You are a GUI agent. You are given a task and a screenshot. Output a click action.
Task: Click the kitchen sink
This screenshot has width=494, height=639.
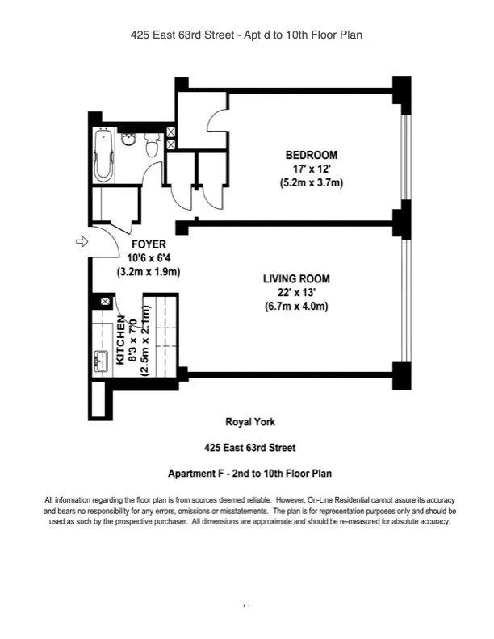point(101,361)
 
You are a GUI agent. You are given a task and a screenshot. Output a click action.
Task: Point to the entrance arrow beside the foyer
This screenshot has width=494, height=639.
point(82,241)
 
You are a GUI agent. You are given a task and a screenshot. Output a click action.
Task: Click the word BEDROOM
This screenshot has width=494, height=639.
point(311,155)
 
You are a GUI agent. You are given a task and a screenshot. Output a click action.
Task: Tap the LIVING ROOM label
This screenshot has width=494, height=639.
point(296,279)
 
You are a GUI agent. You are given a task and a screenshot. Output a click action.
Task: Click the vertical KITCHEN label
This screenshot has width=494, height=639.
point(121,341)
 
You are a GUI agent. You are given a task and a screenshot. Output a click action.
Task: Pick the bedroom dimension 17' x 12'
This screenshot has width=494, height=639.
point(311,169)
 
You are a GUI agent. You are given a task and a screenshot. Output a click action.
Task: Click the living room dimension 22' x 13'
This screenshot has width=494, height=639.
point(296,293)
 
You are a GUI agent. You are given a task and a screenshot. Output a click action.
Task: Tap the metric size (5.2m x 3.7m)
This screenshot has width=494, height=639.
point(311,183)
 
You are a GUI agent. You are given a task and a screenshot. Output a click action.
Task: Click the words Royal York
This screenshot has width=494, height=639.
point(249,422)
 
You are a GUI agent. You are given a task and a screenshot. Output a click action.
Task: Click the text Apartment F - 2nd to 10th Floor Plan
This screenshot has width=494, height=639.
point(249,474)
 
